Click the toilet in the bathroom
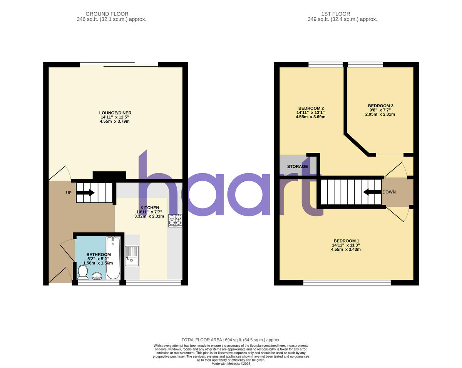click(x=82, y=272)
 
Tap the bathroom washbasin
click(x=97, y=275)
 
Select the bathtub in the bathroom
click(x=113, y=258)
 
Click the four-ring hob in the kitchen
click(x=175, y=220)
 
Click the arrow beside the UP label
click(x=86, y=192)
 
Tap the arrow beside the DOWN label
click(x=372, y=192)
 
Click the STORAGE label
click(x=298, y=166)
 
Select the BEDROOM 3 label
click(x=380, y=106)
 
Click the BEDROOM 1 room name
click(x=346, y=241)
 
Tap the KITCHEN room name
click(x=149, y=208)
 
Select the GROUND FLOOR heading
click(x=107, y=14)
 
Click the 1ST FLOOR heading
click(x=342, y=14)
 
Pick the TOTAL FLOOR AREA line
click(x=231, y=339)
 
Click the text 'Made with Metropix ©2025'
click(x=231, y=363)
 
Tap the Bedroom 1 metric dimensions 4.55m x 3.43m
click(x=346, y=250)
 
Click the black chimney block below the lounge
click(x=109, y=175)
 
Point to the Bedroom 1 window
click(x=347, y=283)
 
